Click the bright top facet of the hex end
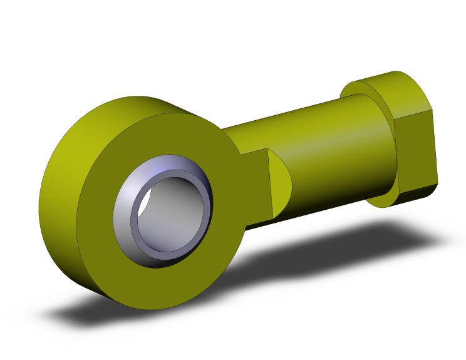coord(401,94)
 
